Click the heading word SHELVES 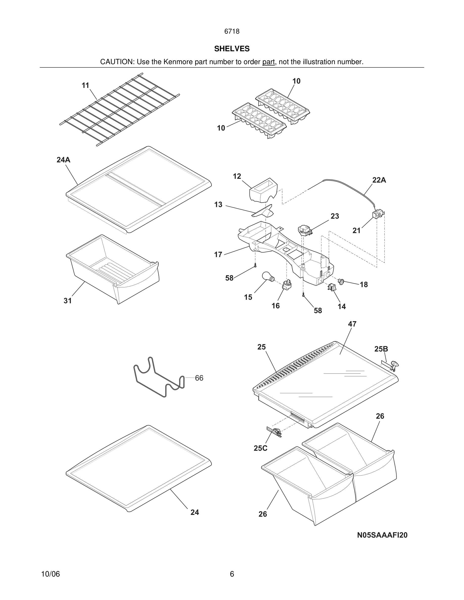(x=232, y=49)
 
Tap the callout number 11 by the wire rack (x=85, y=85)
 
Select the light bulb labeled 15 (x=267, y=276)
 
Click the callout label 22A (x=379, y=180)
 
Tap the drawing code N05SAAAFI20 (x=382, y=535)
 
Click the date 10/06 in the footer (x=50, y=574)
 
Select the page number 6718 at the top (x=232, y=31)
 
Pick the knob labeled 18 (x=341, y=281)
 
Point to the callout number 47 (x=352, y=324)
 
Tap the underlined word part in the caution (x=268, y=62)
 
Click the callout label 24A (x=63, y=160)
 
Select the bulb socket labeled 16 (x=287, y=285)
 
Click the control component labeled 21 (x=377, y=214)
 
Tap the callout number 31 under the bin (x=68, y=301)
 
